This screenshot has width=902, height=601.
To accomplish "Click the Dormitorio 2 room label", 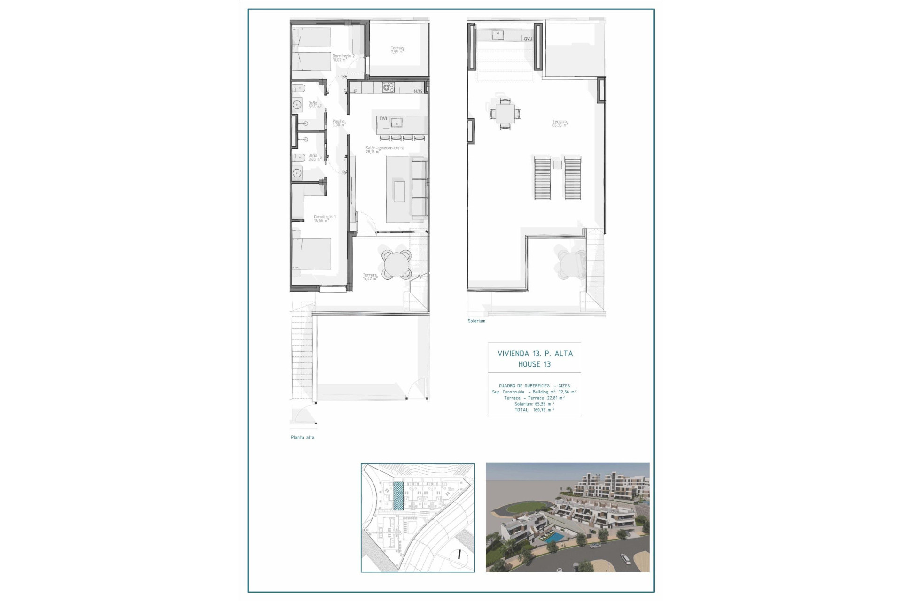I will (343, 58).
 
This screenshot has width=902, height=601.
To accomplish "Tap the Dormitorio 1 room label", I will (325, 218).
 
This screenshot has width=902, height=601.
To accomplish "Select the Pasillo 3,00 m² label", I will (339, 123).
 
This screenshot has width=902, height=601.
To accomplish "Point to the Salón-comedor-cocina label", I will (385, 150).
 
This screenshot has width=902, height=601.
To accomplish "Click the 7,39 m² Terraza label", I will (397, 50).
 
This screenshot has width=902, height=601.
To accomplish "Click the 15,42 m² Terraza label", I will (370, 277).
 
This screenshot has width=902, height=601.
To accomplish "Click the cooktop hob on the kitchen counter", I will (388, 87).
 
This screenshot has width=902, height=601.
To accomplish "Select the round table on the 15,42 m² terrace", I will (396, 265).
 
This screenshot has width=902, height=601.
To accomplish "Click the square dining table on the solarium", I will (505, 113).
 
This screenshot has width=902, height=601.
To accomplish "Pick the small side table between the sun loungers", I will (557, 164).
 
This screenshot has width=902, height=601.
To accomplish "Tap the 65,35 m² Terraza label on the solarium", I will (560, 123).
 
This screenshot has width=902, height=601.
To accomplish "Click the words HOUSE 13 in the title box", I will (534, 364).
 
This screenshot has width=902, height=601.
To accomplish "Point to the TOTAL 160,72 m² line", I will (534, 410).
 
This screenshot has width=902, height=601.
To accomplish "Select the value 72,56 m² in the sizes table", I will (567, 392).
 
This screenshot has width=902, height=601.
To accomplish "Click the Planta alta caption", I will (303, 437).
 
